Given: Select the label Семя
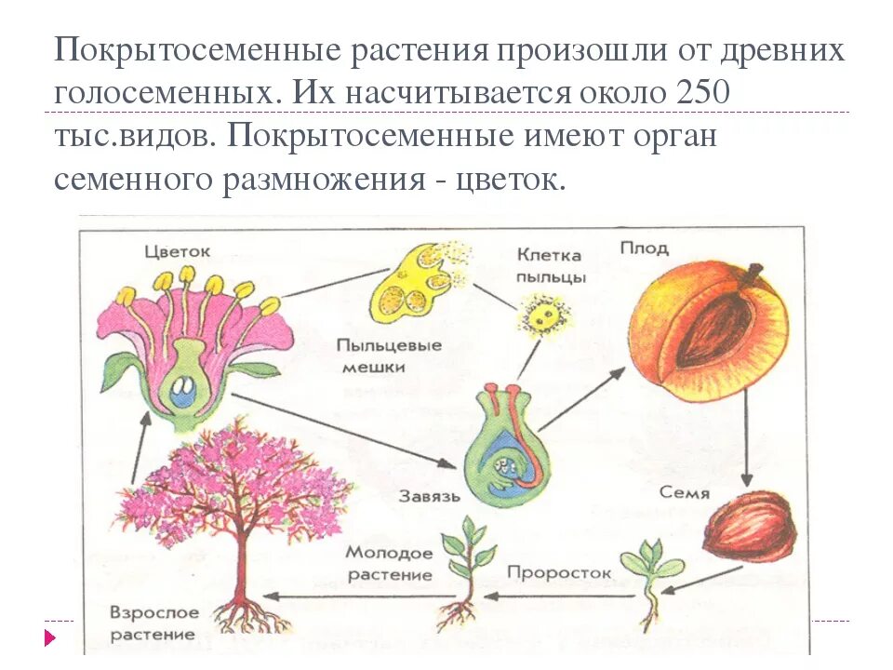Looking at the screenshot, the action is coord(685,492).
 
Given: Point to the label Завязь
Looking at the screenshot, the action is coord(427,496).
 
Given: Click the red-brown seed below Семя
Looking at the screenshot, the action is coord(750,528).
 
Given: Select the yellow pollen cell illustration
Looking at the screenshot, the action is coord(538,313).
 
